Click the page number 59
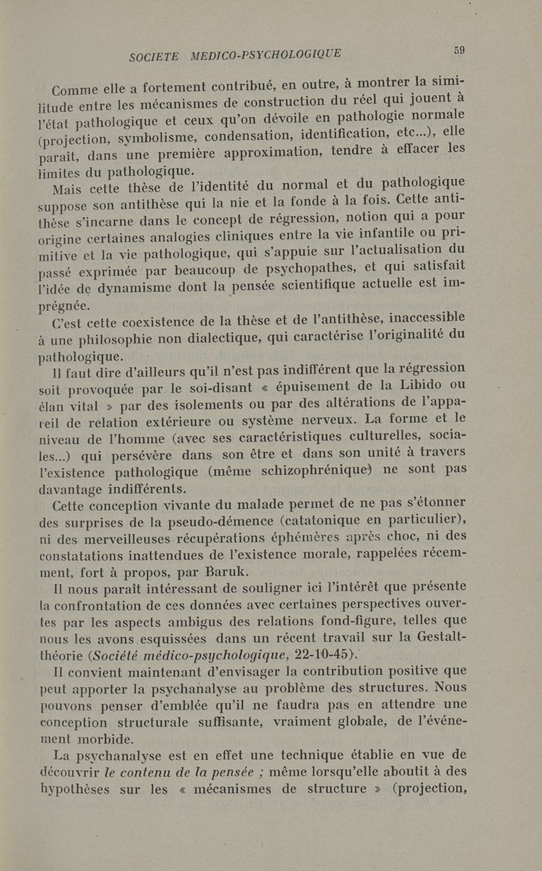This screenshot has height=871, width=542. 459,49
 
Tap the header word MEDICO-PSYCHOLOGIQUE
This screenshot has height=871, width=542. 266,55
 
